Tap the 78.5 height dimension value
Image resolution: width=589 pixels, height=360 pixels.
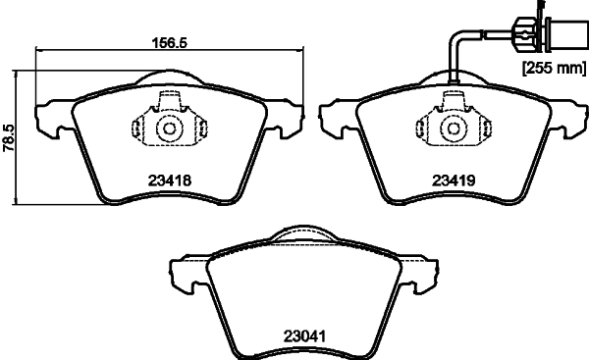point(8,136)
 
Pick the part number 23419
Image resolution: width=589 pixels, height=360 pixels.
point(454,180)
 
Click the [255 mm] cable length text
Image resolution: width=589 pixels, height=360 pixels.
point(550,69)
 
